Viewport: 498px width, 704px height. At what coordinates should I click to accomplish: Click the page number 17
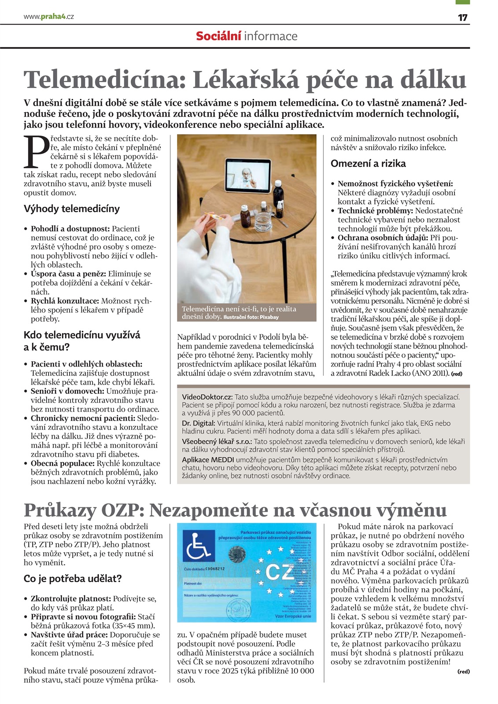pos(462,17)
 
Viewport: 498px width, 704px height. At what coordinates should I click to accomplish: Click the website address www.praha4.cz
pos(48,17)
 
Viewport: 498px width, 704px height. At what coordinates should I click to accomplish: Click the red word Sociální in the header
pos(218,36)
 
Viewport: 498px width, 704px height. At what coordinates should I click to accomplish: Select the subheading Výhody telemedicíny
pos(72,209)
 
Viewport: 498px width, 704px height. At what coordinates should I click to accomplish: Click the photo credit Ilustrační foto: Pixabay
pos(251,317)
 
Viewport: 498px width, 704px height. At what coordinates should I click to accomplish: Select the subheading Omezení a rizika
pos(368,164)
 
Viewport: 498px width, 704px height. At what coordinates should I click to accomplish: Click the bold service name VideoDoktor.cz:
pos(207,397)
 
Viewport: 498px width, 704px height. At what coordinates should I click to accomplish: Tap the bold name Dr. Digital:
pos(199,423)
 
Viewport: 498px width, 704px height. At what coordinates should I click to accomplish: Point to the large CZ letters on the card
pos(278,572)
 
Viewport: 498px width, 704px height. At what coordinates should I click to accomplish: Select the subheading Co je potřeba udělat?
pos(73,579)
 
